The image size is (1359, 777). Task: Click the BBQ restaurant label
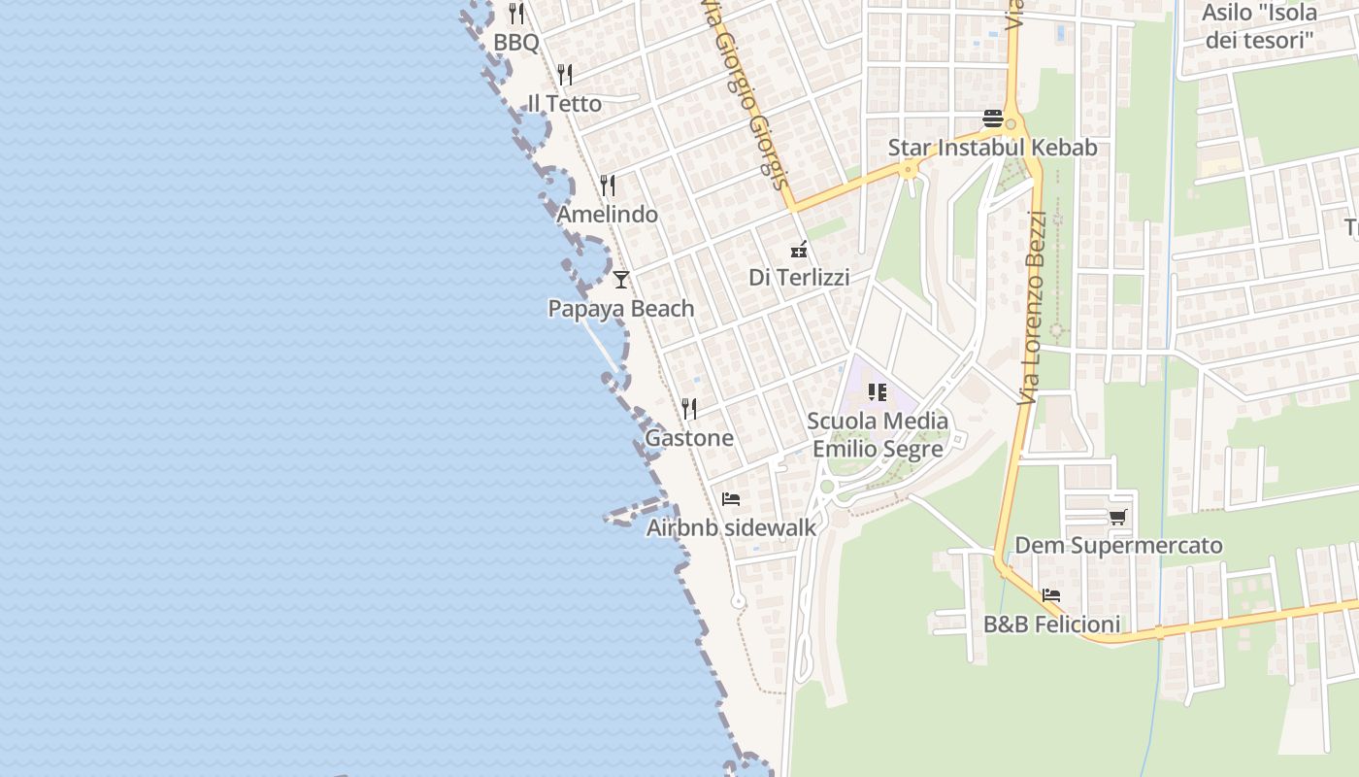(515, 43)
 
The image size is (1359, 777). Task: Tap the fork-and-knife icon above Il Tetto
(565, 75)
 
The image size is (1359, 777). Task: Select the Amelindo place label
(608, 215)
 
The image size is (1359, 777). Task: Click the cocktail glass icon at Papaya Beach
(621, 280)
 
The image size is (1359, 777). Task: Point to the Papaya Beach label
(621, 309)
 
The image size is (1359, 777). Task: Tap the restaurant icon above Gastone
(689, 408)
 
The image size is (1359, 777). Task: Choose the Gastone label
(689, 438)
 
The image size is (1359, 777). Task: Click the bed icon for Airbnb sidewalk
(731, 499)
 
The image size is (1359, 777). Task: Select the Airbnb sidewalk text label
(731, 527)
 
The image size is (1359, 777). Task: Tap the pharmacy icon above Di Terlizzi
(799, 249)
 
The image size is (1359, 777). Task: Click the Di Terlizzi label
(799, 278)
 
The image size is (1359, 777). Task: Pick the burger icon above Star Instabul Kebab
(993, 118)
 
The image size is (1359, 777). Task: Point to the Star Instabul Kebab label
(993, 148)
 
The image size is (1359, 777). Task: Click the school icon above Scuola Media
(878, 392)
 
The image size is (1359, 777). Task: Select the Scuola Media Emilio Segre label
(878, 435)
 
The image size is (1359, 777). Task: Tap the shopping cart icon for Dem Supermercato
(1118, 517)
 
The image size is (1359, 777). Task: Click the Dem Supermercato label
(1118, 546)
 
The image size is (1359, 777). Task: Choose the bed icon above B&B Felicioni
(1051, 595)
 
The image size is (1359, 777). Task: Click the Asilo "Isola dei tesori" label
(1259, 26)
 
